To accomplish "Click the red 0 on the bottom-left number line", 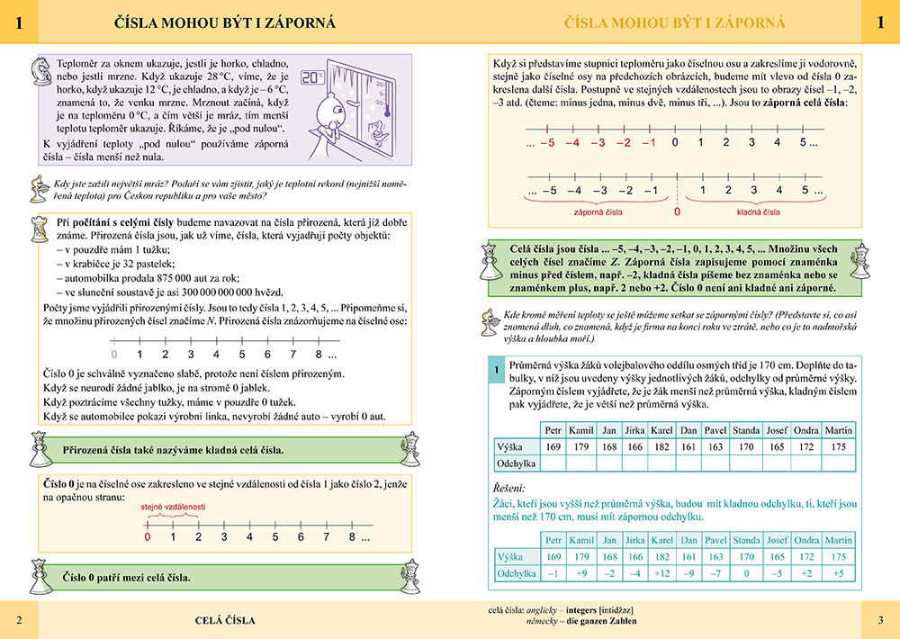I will coord(148,537).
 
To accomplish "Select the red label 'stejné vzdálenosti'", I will coord(173,507).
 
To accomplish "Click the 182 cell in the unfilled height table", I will coord(662,447).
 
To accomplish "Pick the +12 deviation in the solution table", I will coord(662,573).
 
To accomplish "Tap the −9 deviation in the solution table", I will coord(689,573).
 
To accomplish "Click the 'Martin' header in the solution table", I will coord(838,540).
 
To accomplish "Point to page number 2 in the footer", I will coord(20,620).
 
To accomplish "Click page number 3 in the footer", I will coord(880,620).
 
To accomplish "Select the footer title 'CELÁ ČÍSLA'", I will coord(225,620).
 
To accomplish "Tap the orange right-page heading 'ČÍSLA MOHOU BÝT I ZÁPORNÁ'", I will coord(671,22).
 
